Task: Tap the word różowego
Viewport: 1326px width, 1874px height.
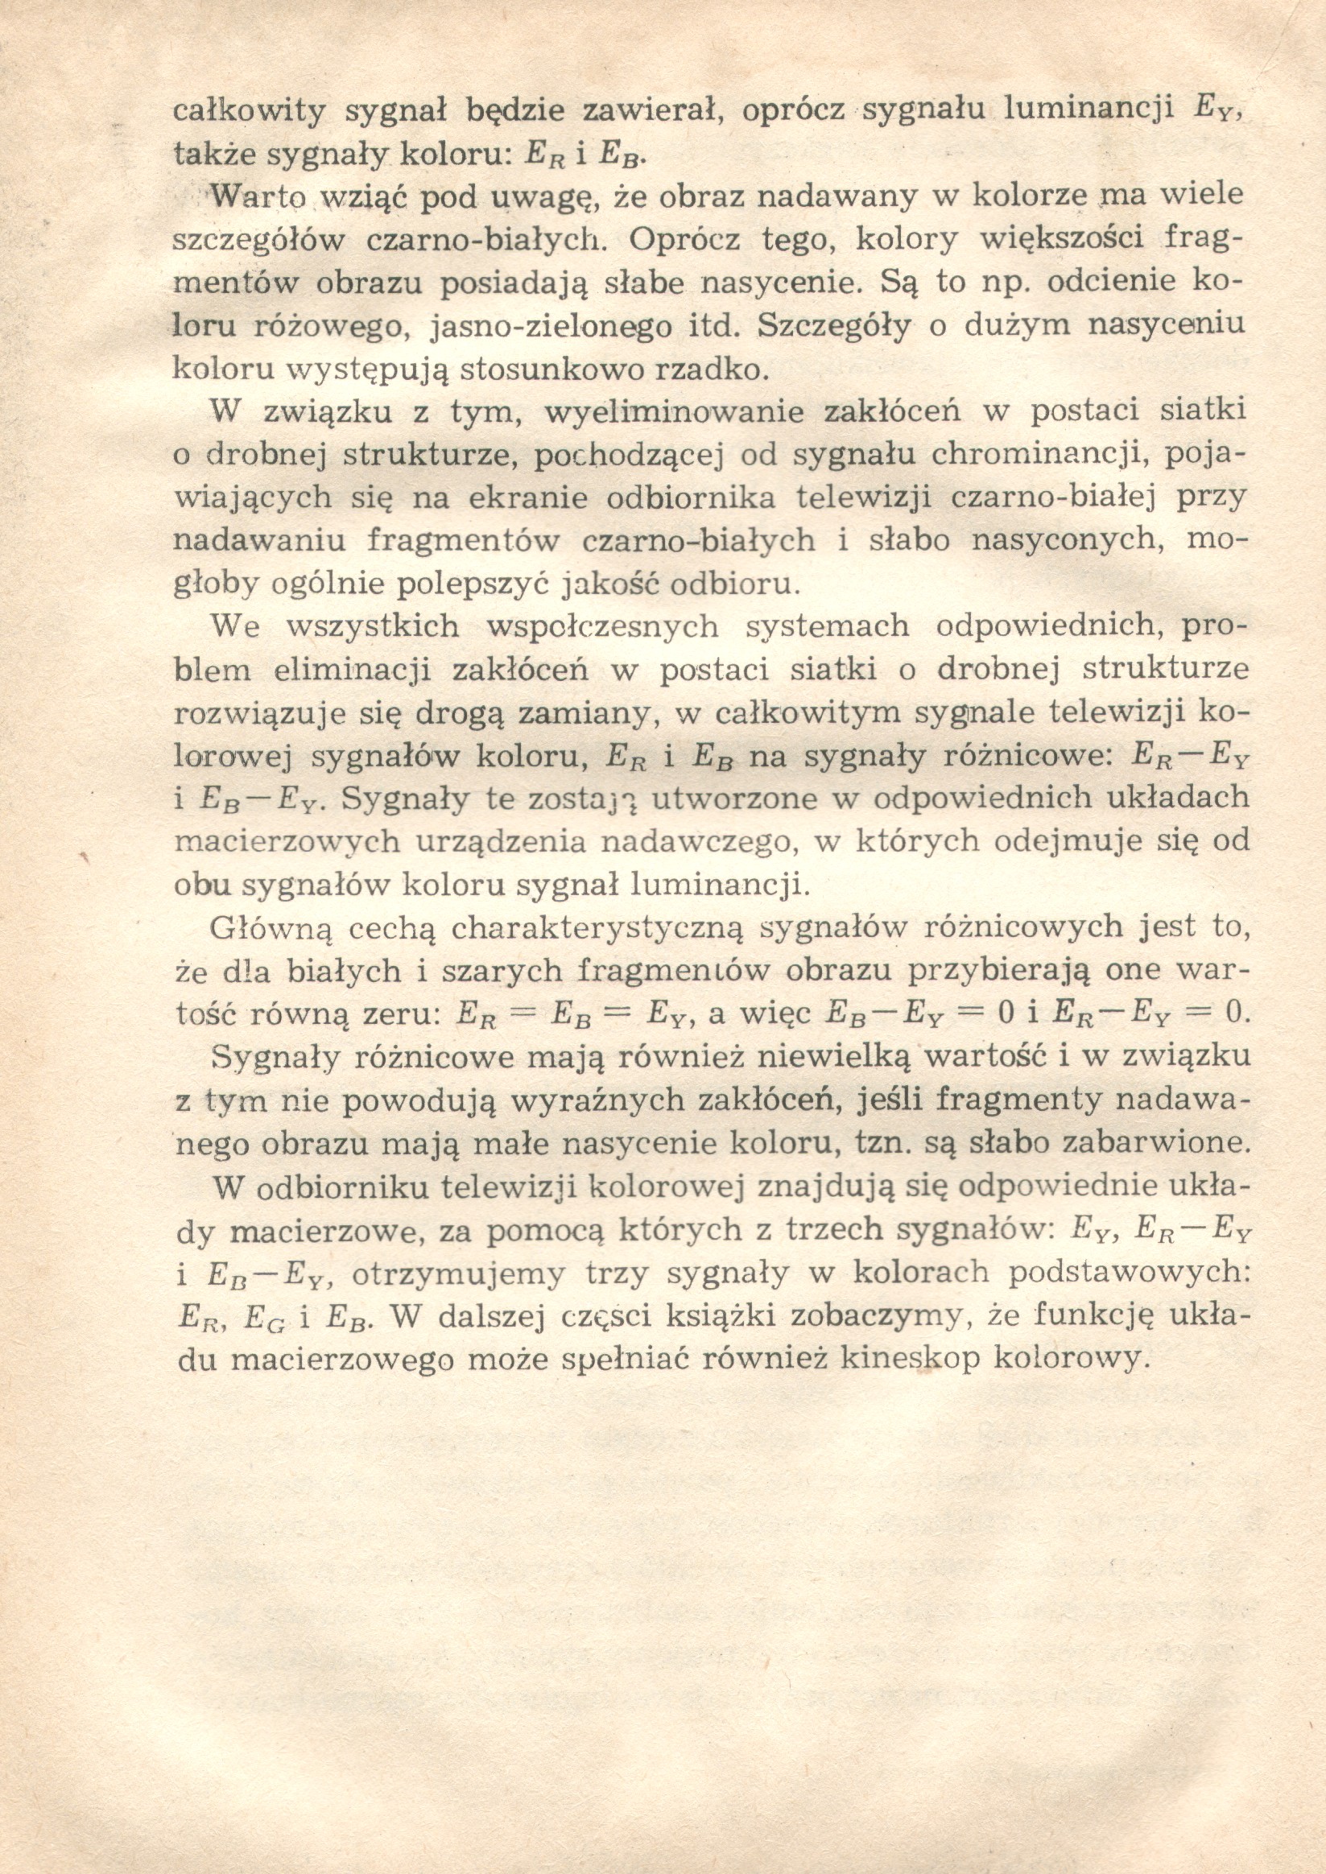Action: pos(328,328)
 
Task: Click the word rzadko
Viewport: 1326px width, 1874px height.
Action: pos(711,369)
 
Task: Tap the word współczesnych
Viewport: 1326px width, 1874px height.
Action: pos(602,627)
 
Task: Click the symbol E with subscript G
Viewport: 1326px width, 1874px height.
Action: pos(266,1315)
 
